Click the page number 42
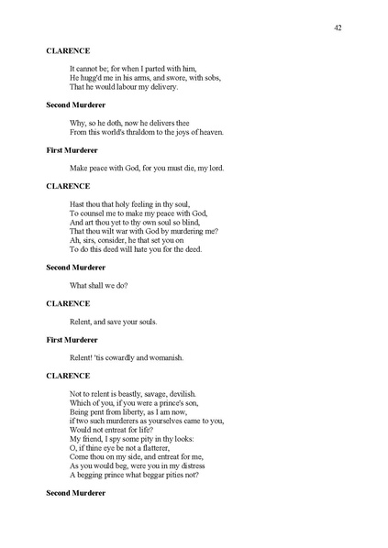(338, 28)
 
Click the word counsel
(94, 213)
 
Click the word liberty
(130, 411)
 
